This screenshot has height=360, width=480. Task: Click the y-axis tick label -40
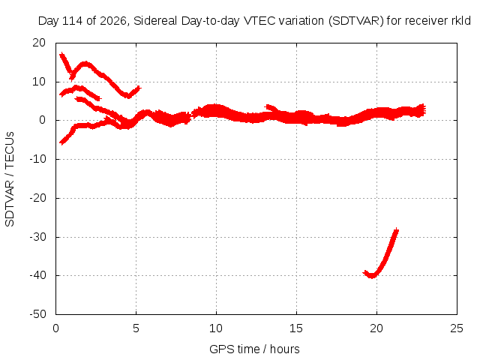[x=37, y=275]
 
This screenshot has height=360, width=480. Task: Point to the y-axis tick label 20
[x=39, y=43]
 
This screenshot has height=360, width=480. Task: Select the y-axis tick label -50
[x=37, y=314]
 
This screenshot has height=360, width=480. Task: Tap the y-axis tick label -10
[x=37, y=159]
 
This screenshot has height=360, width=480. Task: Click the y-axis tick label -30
[x=37, y=237]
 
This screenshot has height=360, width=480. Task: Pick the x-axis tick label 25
[x=457, y=328]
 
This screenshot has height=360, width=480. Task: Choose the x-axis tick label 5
[x=136, y=328]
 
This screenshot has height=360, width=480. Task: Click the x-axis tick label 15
[x=296, y=328]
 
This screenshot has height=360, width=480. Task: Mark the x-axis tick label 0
[x=55, y=328]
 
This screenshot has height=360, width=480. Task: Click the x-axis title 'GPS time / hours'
[x=254, y=349]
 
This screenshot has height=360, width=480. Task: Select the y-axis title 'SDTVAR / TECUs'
[x=10, y=179]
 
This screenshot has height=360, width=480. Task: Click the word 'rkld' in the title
[x=461, y=21]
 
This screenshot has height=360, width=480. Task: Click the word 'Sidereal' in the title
[x=155, y=21]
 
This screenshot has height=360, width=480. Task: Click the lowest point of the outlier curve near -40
[x=372, y=276]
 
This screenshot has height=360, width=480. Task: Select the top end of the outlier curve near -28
[x=397, y=230]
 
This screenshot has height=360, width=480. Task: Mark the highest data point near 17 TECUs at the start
[x=62, y=55]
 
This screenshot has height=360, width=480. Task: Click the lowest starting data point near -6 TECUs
[x=61, y=142]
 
